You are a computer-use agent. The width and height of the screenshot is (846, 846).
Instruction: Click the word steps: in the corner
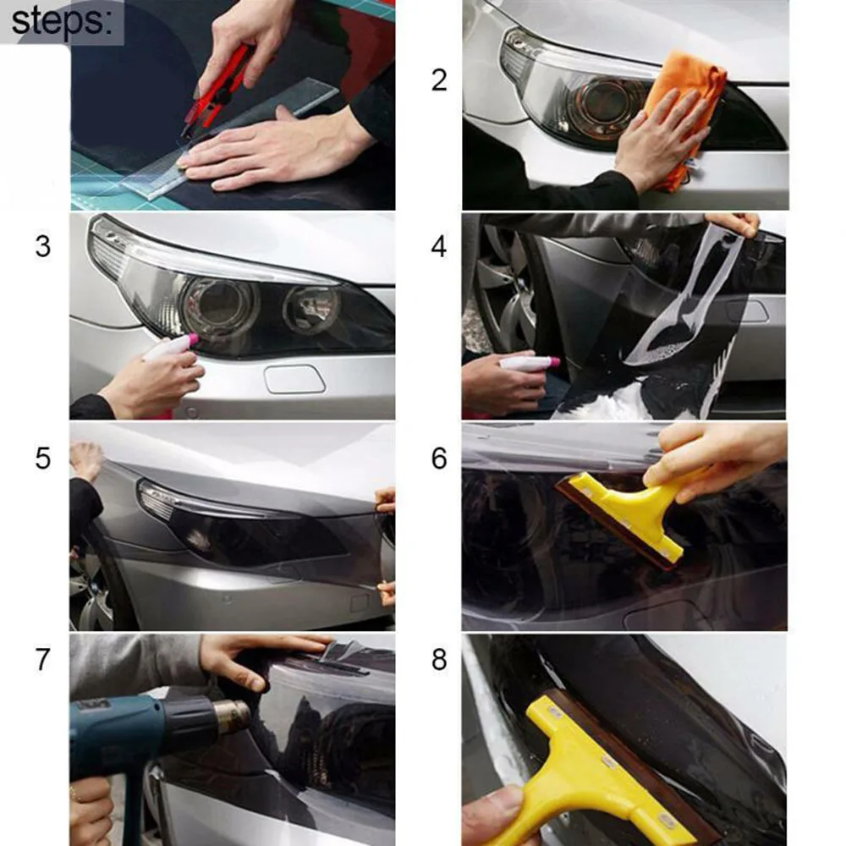pos(62,23)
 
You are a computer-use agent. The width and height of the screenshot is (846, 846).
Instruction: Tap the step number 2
pos(439,80)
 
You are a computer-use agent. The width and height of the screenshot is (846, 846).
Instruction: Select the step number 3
pos(42,246)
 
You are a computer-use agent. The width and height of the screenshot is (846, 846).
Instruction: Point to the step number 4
pos(439,246)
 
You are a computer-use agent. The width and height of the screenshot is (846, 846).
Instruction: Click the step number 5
pos(42,458)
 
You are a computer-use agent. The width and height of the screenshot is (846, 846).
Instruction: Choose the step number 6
pos(439,458)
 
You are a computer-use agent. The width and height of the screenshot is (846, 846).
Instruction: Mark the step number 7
pos(42,659)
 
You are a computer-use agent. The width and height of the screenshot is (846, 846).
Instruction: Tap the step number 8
pos(439,659)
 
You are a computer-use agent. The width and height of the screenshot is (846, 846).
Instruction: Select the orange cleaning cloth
pos(683,108)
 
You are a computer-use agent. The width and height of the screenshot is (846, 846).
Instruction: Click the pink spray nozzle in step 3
pos(191,340)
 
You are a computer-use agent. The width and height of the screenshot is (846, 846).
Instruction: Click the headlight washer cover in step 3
pos(294,379)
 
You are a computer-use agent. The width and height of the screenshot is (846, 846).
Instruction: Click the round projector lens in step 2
pos(610,105)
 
